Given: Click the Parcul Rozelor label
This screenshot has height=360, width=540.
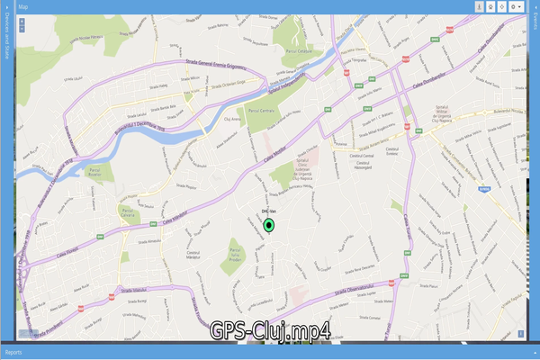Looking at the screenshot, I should [x=94, y=168].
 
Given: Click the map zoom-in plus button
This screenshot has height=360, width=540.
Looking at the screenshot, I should [x=22, y=18].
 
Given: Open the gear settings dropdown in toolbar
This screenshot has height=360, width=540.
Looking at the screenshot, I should [x=517, y=6].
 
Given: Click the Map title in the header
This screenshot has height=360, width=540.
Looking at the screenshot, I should [x=22, y=6].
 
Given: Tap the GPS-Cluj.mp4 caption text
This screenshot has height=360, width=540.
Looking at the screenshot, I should [x=270, y=331].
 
